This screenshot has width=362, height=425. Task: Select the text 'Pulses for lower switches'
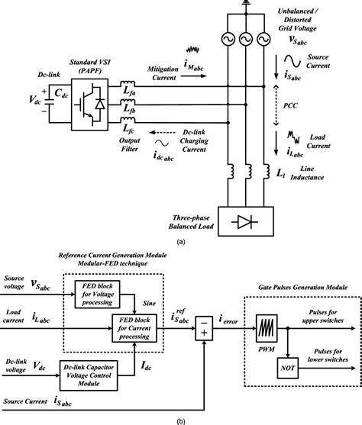coord(327,350)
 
